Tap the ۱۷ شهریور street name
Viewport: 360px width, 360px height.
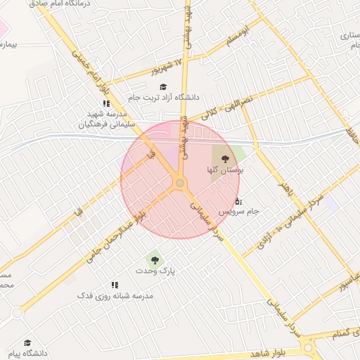pos(167,67)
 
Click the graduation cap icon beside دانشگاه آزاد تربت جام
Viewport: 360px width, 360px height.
pos(163,87)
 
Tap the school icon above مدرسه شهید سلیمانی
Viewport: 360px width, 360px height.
pos(106,103)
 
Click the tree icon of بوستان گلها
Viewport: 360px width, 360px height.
pos(225,159)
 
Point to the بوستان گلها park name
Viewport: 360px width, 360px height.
pos(225,170)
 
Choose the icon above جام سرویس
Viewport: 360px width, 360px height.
pos(238,201)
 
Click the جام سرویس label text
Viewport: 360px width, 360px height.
pos(238,211)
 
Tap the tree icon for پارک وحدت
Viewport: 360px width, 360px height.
pos(153,260)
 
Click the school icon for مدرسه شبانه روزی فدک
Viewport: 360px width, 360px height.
pos(115,285)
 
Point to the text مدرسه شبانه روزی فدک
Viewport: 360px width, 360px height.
pos(115,296)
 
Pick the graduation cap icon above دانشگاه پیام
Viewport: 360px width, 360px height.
pos(27,342)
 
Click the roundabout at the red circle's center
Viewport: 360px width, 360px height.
pos(180,183)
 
